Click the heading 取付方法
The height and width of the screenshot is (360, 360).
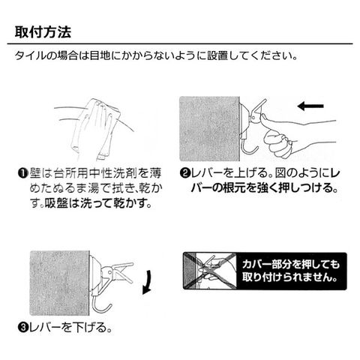(x=43, y=31)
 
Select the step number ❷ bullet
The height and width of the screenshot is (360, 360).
(x=184, y=173)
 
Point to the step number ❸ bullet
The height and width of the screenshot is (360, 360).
(x=22, y=328)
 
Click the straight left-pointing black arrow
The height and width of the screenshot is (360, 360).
(x=310, y=106)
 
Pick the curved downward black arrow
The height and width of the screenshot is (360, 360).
(x=148, y=282)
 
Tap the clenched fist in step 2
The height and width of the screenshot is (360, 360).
(x=278, y=144)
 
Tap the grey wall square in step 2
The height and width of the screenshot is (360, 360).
(x=209, y=128)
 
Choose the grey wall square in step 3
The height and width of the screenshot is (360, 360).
(x=59, y=283)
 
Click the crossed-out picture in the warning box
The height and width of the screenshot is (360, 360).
(x=210, y=271)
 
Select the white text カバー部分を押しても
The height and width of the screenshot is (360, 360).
(x=291, y=264)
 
